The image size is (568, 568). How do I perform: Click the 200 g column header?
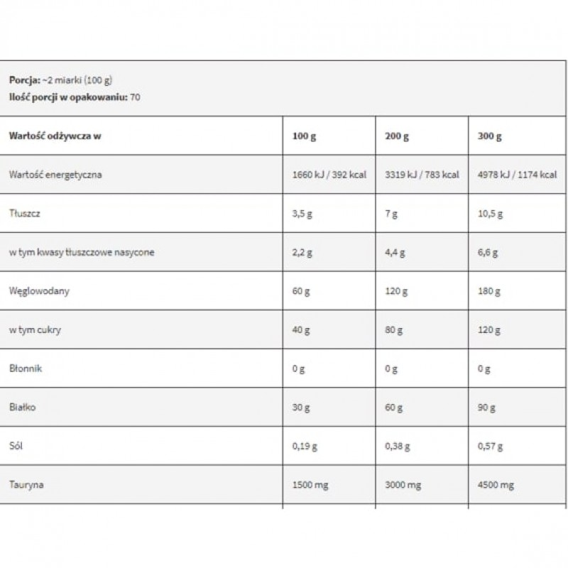397,136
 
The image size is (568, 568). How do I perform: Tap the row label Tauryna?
26,486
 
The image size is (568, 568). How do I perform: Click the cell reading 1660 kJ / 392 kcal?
329,175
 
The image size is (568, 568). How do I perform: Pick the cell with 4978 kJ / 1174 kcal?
518,175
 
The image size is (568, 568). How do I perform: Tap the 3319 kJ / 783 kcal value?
422,175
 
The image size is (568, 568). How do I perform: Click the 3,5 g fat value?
302,214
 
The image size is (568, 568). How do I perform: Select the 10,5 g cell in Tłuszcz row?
491,214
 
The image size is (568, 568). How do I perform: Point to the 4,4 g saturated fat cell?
395,253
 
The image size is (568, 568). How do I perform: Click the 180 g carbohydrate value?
488,291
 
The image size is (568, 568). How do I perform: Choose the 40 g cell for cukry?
301,330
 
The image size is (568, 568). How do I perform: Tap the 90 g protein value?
486,408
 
